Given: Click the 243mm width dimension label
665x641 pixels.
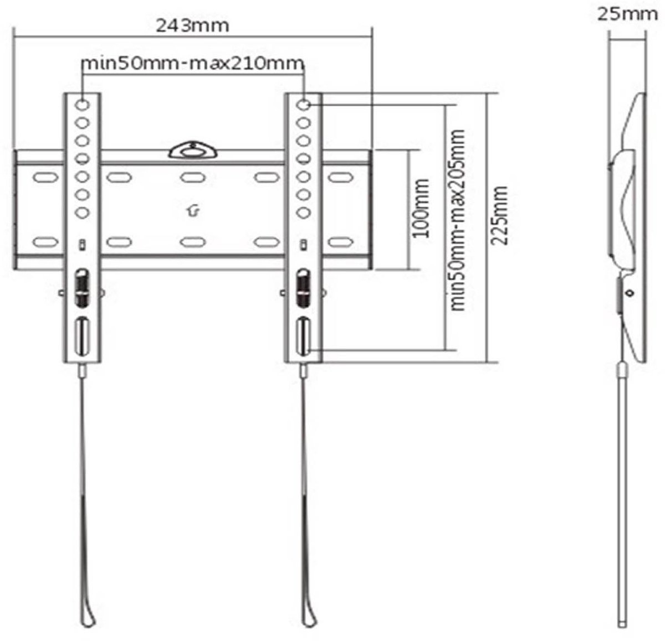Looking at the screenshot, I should coord(192,26).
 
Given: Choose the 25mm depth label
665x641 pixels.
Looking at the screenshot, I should coord(628,13).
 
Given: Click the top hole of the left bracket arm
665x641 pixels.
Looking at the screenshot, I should coord(83,104).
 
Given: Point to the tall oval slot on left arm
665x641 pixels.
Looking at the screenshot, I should coord(82,336).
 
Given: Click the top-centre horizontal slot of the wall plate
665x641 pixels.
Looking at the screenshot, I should coord(191,178).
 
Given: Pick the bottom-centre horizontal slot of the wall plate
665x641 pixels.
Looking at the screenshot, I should coord(191,242).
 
